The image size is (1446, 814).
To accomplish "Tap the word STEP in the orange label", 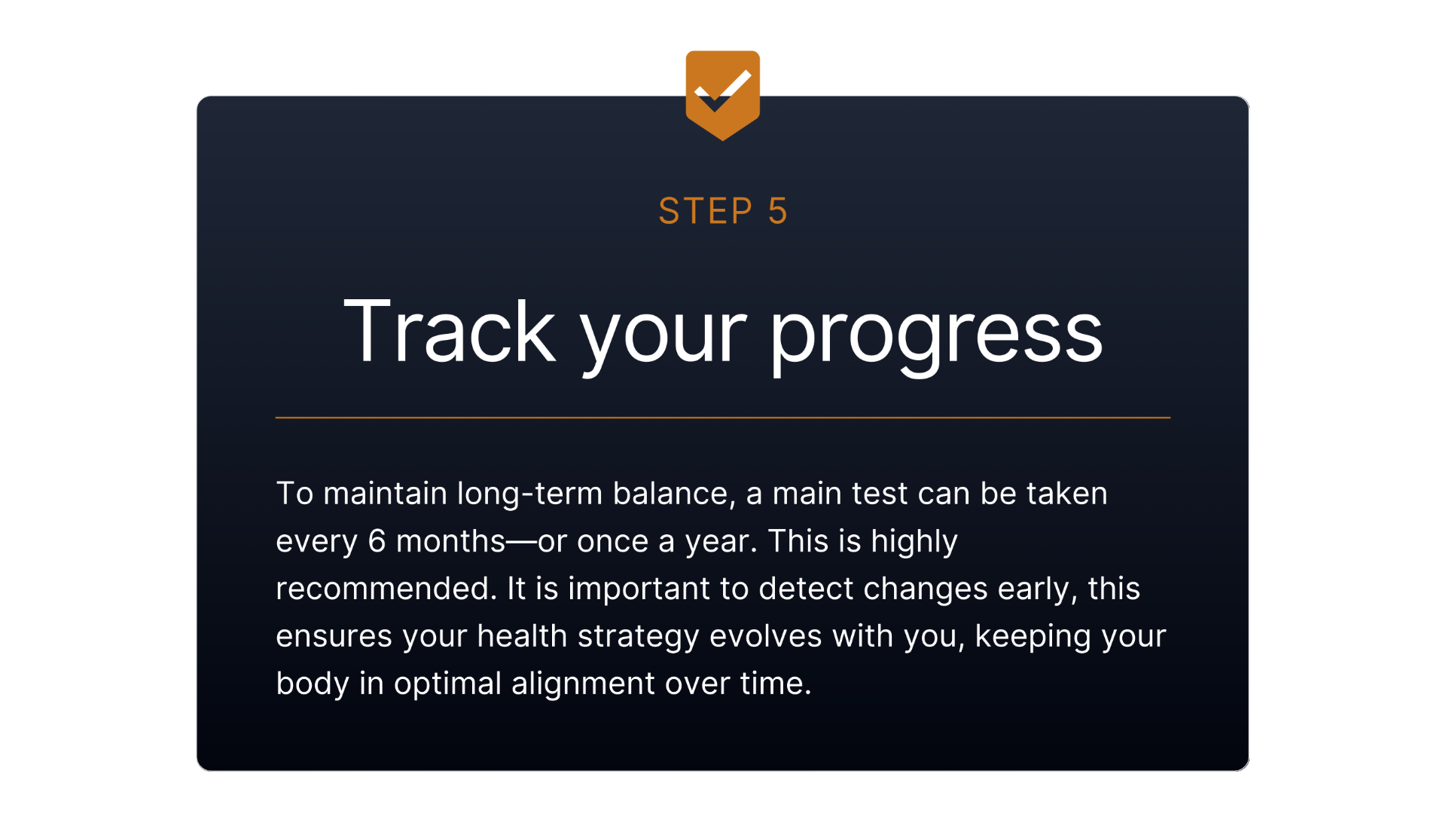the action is (706, 211).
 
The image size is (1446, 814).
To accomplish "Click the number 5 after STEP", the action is (778, 211).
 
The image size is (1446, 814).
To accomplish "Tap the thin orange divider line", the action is (723, 417).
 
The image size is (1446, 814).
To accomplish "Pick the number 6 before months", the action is (377, 541).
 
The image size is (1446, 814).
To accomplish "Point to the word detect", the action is (806, 589).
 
